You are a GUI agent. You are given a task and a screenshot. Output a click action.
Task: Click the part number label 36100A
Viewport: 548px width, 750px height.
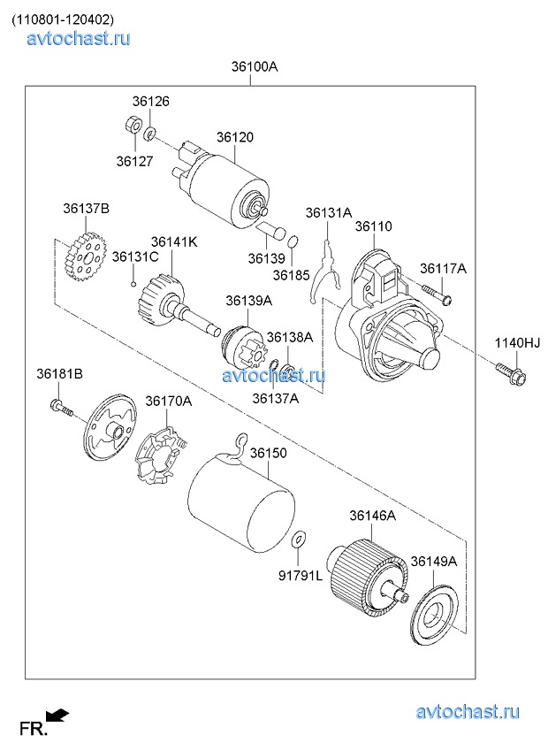coord(255,66)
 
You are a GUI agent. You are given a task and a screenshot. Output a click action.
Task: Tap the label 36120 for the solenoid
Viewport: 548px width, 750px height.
coord(234,138)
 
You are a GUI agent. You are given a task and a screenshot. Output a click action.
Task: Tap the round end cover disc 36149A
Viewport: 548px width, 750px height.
coord(437,616)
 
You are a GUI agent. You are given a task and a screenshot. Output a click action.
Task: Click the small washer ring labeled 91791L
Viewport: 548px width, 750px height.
coord(299,537)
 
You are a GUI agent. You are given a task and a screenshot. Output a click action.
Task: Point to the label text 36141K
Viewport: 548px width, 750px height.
coord(173,241)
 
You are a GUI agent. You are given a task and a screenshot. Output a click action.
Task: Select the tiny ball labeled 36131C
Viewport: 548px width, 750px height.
coord(133,284)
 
